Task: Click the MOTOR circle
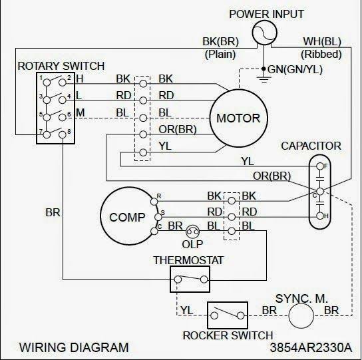tap(238, 119)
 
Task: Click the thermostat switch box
tap(189, 280)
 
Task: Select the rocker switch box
tap(227, 313)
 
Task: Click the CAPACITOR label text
tap(311, 145)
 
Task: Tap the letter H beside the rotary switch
tap(79, 79)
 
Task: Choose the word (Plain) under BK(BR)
tap(220, 53)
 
